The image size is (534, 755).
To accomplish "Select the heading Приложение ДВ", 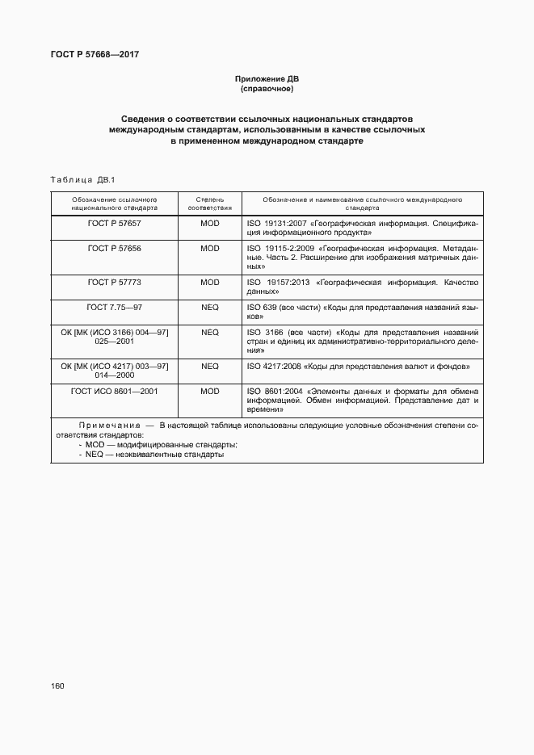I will [x=267, y=79].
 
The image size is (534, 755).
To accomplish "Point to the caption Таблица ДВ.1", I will [x=84, y=179].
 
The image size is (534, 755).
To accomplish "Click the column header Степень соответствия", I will [x=210, y=203].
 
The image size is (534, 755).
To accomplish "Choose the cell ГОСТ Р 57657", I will [x=114, y=222].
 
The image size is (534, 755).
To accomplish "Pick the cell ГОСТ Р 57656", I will [x=114, y=249].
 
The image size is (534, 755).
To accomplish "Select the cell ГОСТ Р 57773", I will [x=114, y=283].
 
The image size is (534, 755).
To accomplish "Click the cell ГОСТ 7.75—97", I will [x=114, y=308].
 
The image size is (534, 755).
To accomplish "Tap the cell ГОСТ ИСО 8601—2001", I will [x=114, y=391].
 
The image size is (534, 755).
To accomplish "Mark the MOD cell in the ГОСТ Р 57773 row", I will [x=210, y=283].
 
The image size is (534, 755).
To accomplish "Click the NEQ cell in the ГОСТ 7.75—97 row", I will [x=210, y=308].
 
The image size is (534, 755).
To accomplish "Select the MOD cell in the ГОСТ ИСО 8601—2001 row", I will [x=210, y=391].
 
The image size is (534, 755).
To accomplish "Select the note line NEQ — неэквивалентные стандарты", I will [x=154, y=455].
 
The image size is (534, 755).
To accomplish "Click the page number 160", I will [x=57, y=686].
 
